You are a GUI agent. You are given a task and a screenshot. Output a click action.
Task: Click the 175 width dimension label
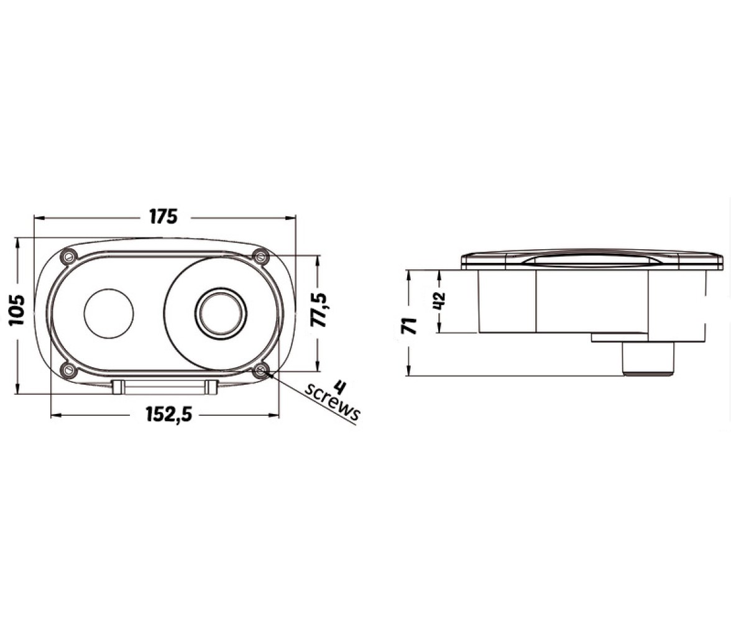[x=163, y=217]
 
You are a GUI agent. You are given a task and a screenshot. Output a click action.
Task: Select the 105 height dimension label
[x=17, y=310]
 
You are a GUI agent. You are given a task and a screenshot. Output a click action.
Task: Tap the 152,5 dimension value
[x=169, y=414]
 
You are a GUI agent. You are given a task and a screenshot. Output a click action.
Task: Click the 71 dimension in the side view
[x=410, y=325]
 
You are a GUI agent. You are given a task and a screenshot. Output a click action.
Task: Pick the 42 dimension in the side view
[x=439, y=301]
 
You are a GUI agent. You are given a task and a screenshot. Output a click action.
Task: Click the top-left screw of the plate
[x=69, y=256]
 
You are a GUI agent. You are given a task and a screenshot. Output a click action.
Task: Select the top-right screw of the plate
[x=260, y=255]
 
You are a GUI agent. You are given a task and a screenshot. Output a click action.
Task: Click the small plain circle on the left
[x=109, y=313]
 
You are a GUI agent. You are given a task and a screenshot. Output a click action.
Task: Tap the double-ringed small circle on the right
[x=221, y=312]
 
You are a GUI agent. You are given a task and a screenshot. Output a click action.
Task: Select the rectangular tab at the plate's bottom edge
[x=165, y=387]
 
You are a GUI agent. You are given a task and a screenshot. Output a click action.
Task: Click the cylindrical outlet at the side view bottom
[x=648, y=358]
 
